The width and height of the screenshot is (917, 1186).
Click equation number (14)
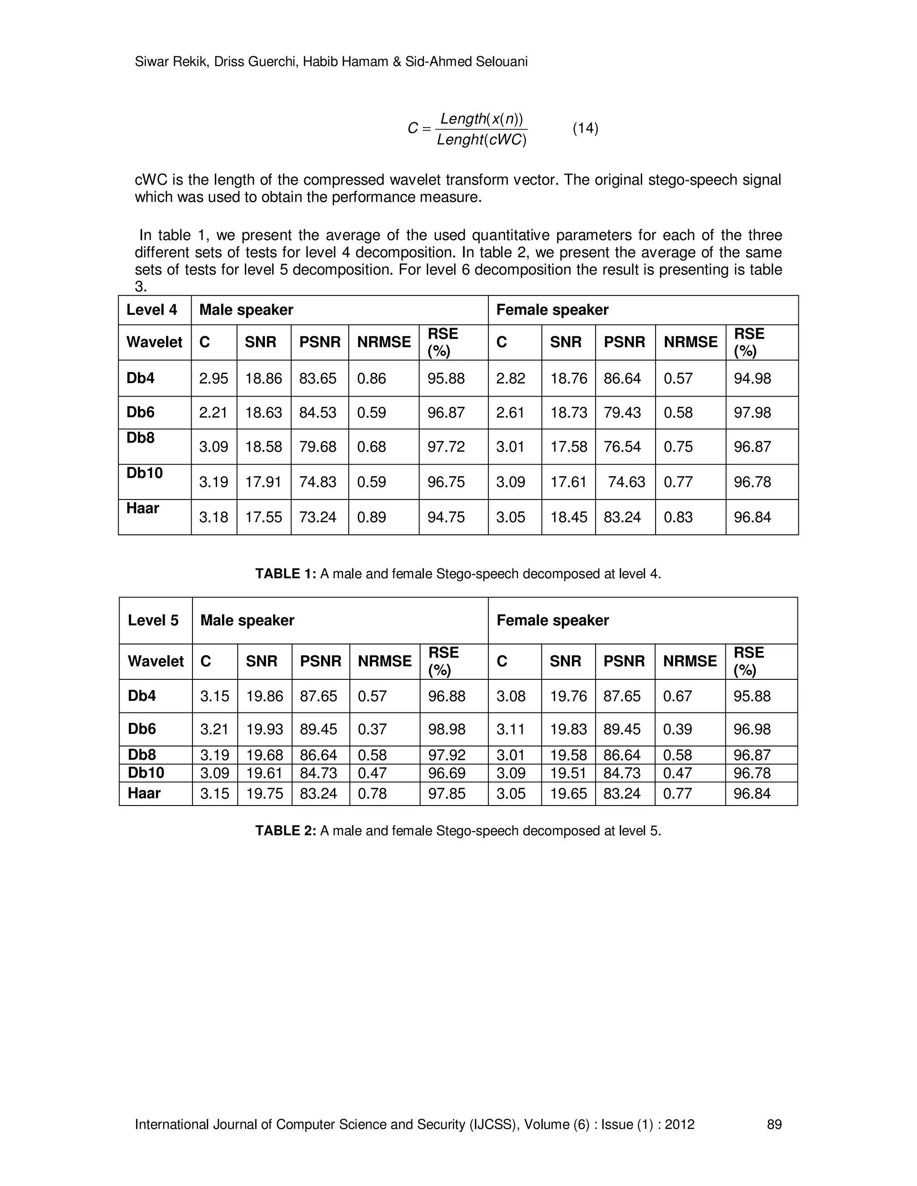585,129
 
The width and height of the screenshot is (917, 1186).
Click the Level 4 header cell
152,310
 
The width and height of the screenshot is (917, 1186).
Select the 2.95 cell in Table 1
214,379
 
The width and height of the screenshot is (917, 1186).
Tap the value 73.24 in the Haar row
318,517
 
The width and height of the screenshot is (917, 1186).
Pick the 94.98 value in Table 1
752,379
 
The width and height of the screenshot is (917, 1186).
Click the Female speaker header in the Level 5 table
553,620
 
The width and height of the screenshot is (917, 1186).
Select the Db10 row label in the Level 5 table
146,773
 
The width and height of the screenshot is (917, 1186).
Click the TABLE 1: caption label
286,574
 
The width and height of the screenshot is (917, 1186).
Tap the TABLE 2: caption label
286,831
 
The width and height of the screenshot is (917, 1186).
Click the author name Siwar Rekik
171,62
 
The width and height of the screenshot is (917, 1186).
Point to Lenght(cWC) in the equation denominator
481,140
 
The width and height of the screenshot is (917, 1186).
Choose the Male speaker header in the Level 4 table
246,310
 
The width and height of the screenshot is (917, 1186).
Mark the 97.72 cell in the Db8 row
446,447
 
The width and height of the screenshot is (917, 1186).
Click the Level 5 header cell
153,620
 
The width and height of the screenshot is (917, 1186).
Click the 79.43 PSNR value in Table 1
622,413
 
